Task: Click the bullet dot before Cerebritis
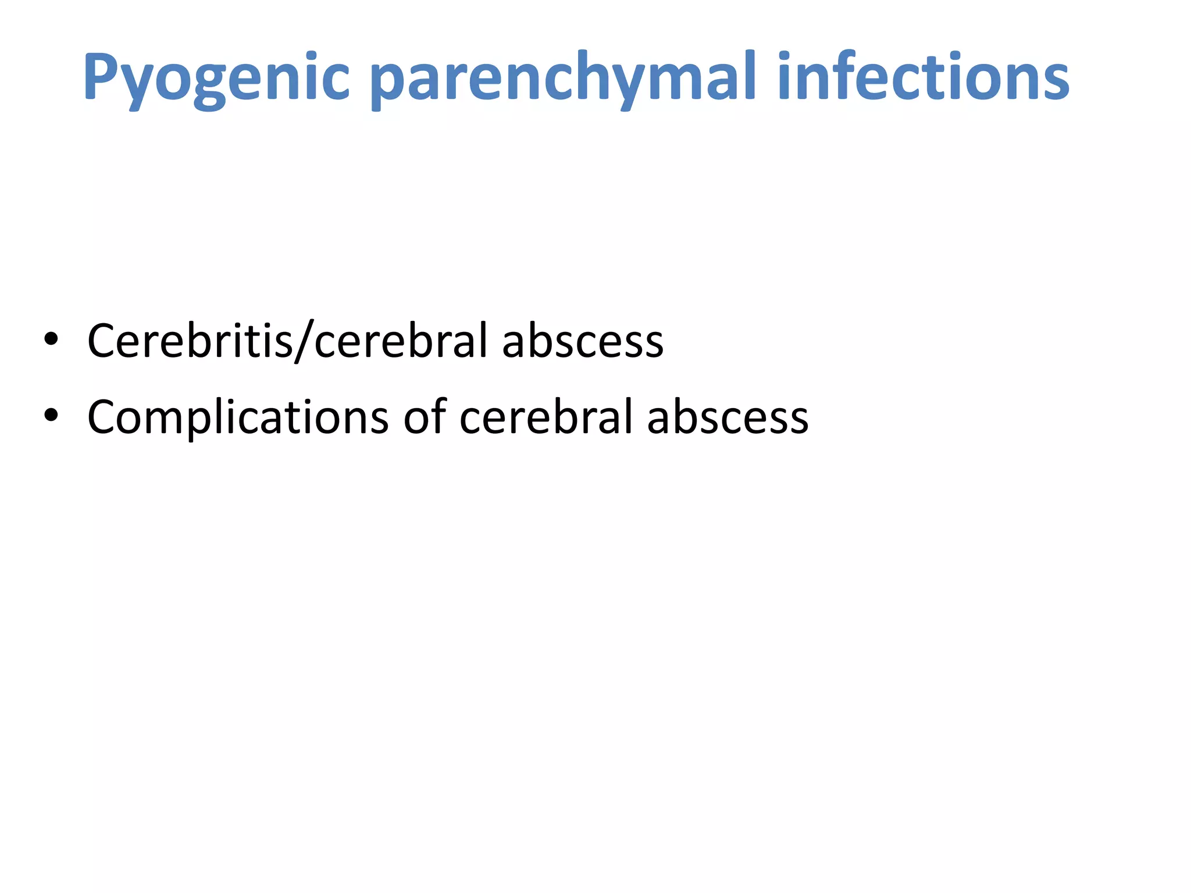[x=51, y=340]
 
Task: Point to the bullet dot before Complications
[x=51, y=415]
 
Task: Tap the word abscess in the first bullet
[x=582, y=342]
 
